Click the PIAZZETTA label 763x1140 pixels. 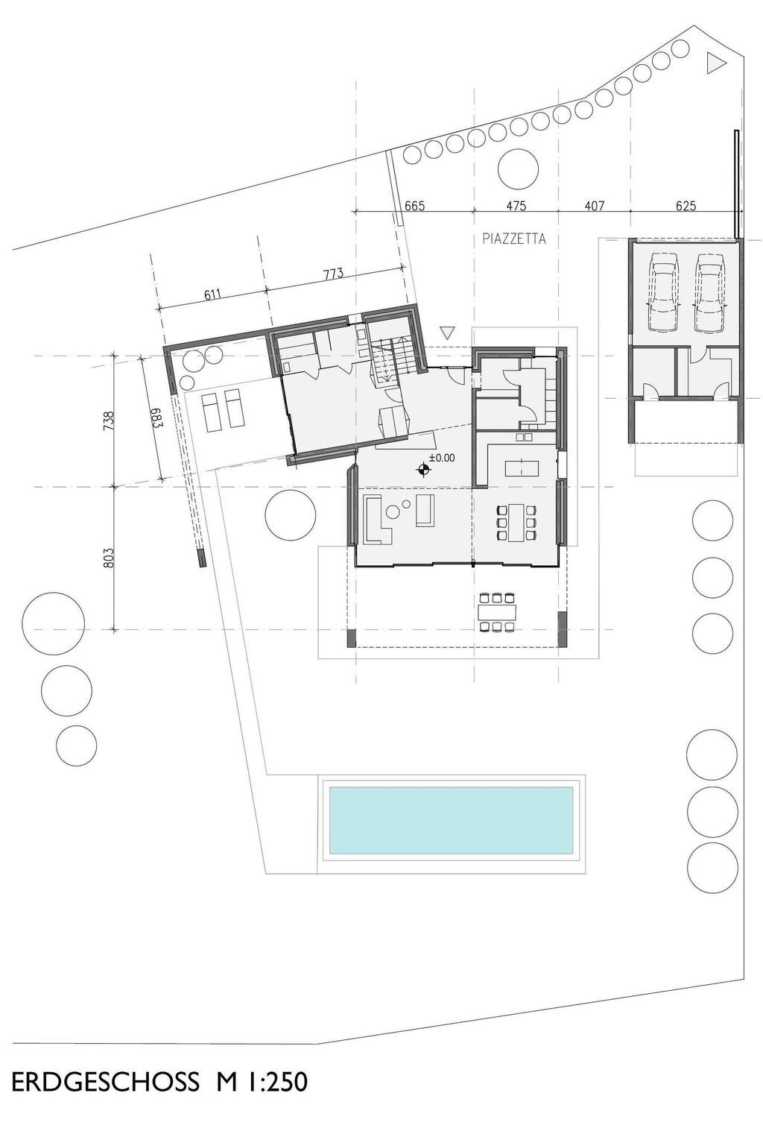pos(514,239)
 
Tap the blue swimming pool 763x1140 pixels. pos(451,819)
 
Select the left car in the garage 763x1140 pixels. pos(663,291)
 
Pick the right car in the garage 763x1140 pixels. pos(709,291)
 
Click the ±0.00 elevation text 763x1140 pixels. pos(441,459)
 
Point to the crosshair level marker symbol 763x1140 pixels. pos(423,470)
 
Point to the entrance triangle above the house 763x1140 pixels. pos(447,333)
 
